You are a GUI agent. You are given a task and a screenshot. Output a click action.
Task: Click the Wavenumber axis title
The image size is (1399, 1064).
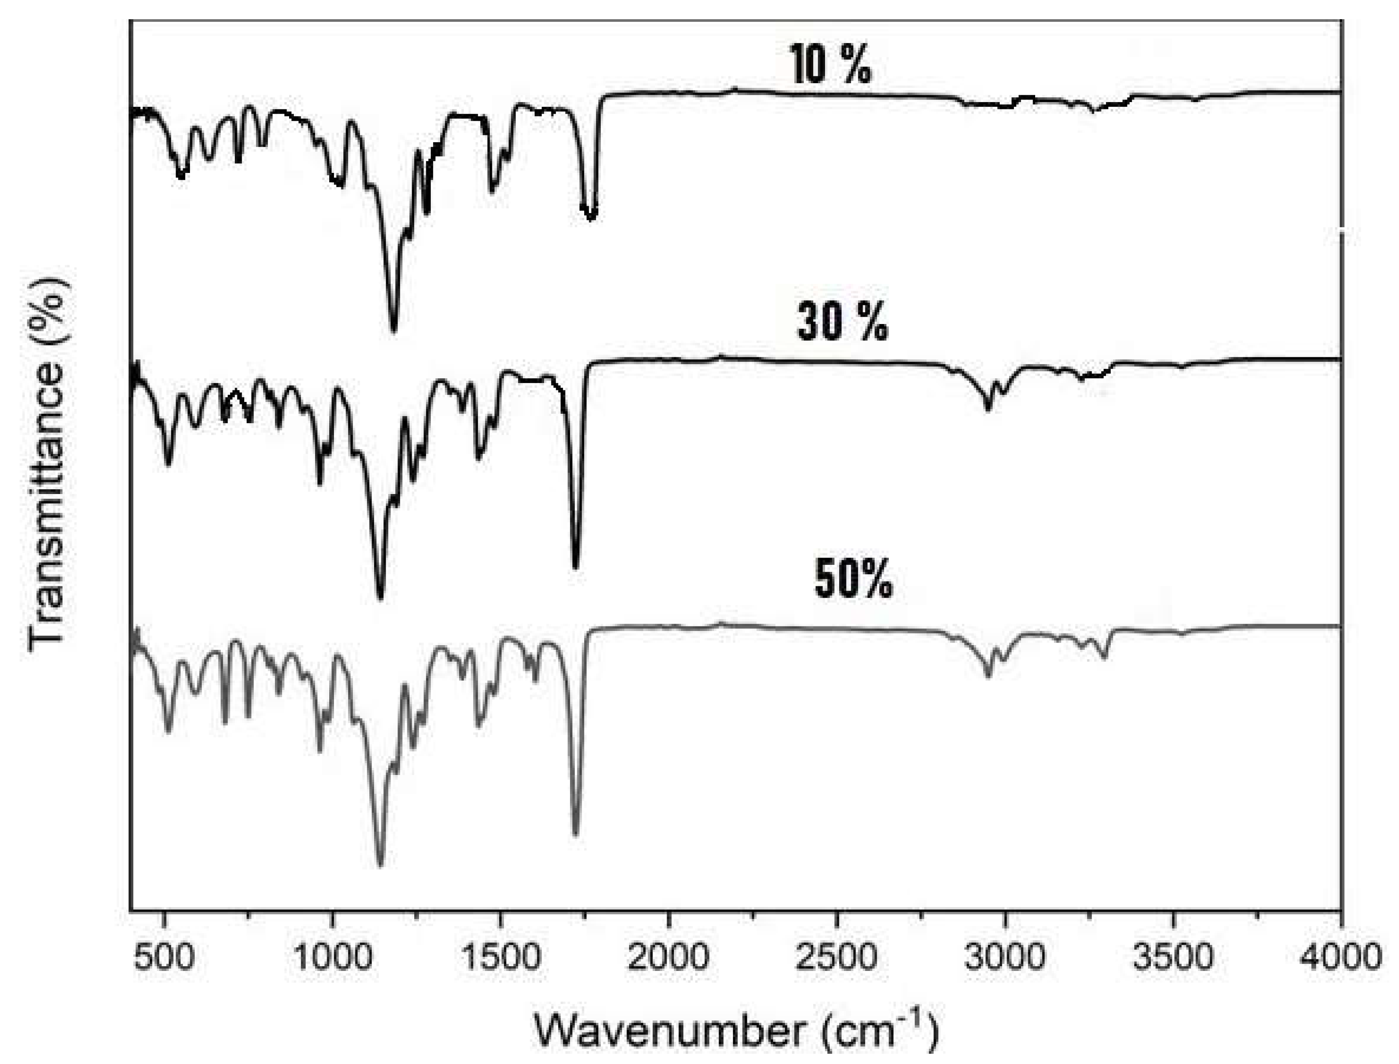735,1030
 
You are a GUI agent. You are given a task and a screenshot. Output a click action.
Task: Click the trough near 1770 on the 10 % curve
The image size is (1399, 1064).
591,217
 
